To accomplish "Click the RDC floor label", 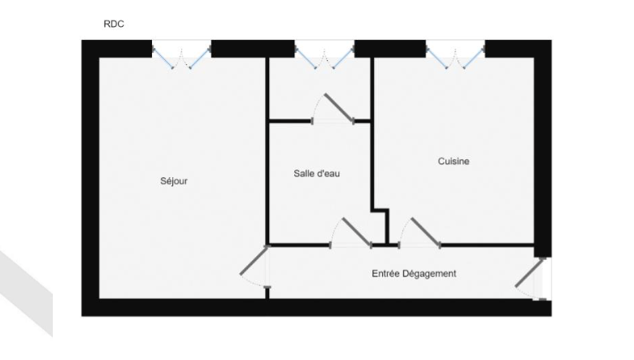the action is click(x=114, y=24).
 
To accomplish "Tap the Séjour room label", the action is click(x=174, y=181).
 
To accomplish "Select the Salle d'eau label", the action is click(x=317, y=174).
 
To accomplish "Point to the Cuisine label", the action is click(x=454, y=161).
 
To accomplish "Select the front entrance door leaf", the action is click(x=530, y=272).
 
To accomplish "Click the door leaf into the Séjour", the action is click(x=254, y=261).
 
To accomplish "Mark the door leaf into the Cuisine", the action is click(x=426, y=232).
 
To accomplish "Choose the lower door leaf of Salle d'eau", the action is click(x=357, y=232).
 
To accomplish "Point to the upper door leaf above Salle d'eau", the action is click(x=339, y=107).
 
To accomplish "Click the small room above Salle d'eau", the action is click(x=319, y=89).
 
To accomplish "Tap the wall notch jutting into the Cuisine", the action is click(x=380, y=227).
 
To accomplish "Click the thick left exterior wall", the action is click(x=90, y=178).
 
